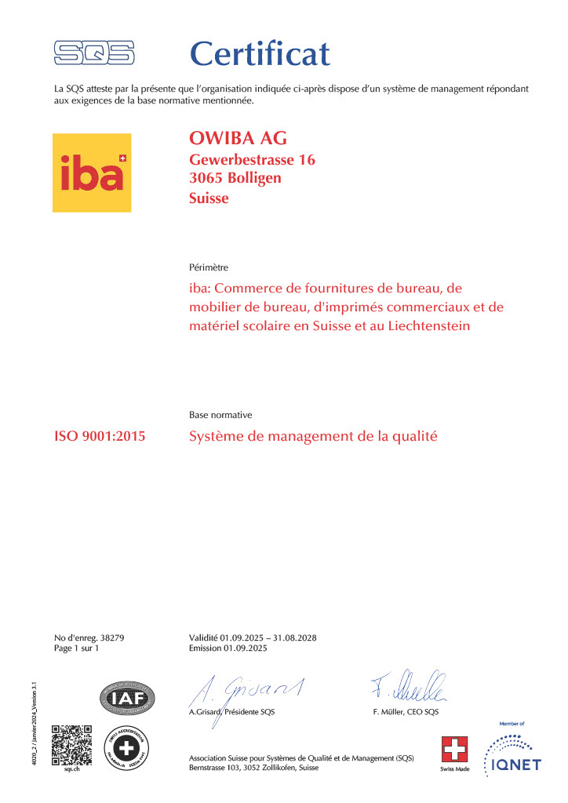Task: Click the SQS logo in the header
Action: pos(94,53)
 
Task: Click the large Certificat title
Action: pos(260,53)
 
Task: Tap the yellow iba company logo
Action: pos(92,173)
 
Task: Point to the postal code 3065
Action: pos(207,179)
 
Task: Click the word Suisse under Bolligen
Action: pos(209,198)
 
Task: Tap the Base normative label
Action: pos(220,415)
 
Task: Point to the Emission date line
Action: pos(228,649)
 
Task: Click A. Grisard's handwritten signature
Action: pos(246,689)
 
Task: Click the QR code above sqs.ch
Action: pos(72,744)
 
